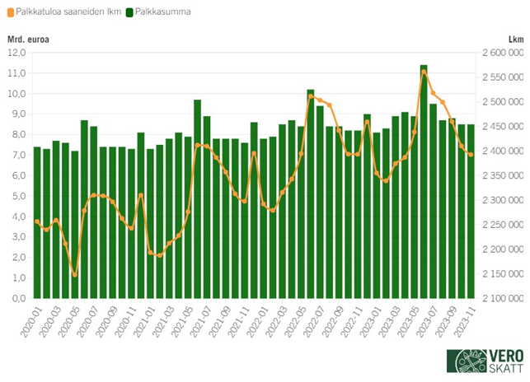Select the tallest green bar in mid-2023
coord(424,181)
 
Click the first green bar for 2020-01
coord(37,223)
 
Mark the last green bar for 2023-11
coord(471,212)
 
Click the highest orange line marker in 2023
coord(424,72)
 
